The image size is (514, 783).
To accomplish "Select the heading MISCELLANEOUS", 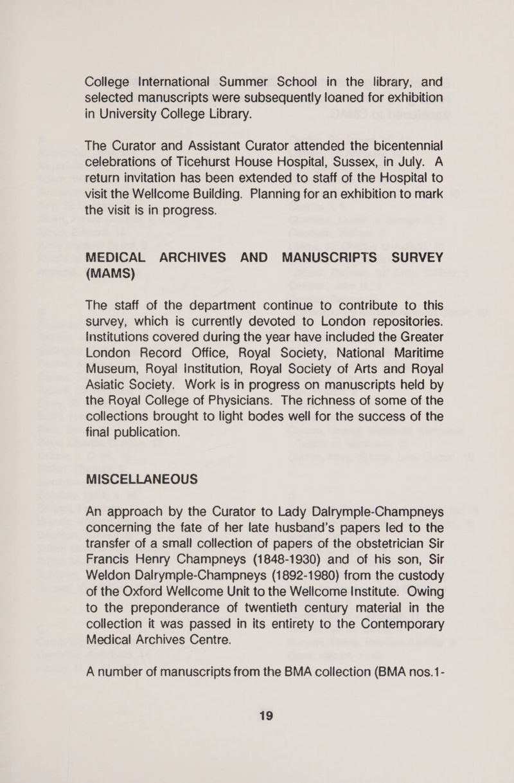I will click(141, 479).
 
